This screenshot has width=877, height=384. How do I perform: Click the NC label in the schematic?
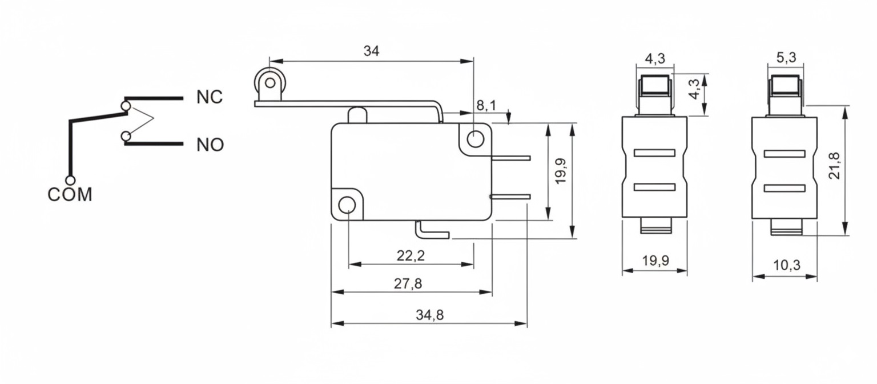pos(210,97)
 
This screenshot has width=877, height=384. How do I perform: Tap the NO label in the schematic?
pos(210,145)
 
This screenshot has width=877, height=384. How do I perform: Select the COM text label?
pos(70,195)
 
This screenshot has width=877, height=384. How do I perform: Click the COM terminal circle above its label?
pos(70,181)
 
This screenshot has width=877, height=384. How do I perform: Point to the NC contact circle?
pos(126,106)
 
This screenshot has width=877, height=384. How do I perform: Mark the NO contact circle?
pos(126,136)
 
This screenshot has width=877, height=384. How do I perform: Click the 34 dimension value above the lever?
pos(371,51)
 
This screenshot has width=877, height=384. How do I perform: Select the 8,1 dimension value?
pos(486,105)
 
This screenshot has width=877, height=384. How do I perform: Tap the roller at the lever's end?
pos(270,82)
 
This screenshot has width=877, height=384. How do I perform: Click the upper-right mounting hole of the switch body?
pos(474,138)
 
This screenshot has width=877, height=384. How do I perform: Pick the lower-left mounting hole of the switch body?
pos(347,205)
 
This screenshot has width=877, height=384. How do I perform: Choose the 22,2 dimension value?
pos(411,256)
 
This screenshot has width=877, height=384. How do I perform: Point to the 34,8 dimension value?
pos(429,315)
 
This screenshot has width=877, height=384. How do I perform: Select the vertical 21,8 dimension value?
pos(834,166)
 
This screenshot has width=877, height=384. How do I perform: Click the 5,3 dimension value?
pos(786,58)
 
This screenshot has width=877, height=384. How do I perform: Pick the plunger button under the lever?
pos(356,115)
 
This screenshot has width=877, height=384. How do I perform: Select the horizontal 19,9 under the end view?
pos(655,261)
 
